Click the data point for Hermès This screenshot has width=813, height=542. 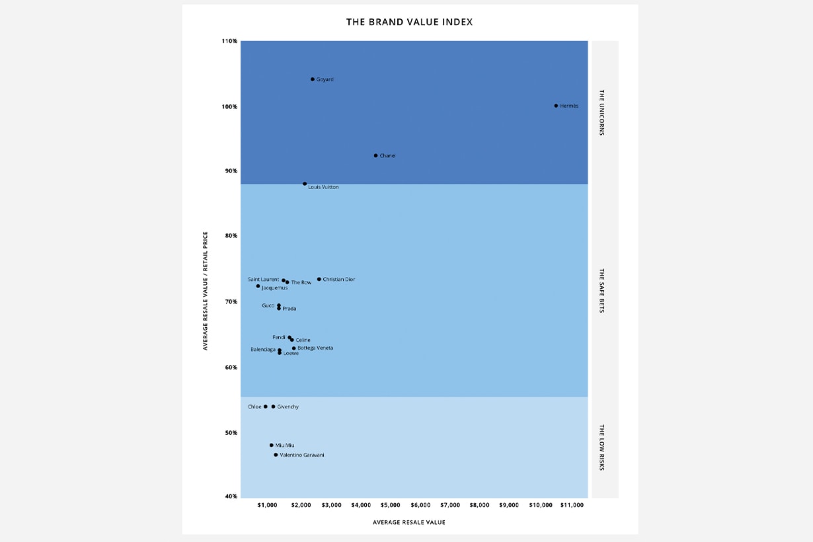pos(556,106)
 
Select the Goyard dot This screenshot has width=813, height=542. pos(313,79)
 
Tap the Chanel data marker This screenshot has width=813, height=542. pos(375,156)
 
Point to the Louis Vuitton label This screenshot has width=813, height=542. pos(323,188)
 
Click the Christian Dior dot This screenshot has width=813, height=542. pos(319,280)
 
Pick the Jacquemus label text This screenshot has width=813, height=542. pos(274,288)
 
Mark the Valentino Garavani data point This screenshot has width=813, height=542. pos(276,455)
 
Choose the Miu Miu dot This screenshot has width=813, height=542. pos(271,445)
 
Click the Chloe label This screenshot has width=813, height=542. pos(254,407)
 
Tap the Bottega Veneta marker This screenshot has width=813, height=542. pos(294,348)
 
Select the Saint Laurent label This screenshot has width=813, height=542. pos(263,280)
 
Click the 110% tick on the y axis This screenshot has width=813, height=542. pos(229,42)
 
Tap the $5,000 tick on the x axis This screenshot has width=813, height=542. pos(391,505)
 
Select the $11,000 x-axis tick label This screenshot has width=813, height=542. pos(572,505)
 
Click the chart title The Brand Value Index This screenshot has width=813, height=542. pos(409,22)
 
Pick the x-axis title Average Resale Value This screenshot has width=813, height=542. pos(408,522)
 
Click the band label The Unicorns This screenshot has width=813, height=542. pos(601,112)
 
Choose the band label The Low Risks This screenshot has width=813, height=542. pos(601,447)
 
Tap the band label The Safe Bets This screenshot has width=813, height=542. pos(601,290)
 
